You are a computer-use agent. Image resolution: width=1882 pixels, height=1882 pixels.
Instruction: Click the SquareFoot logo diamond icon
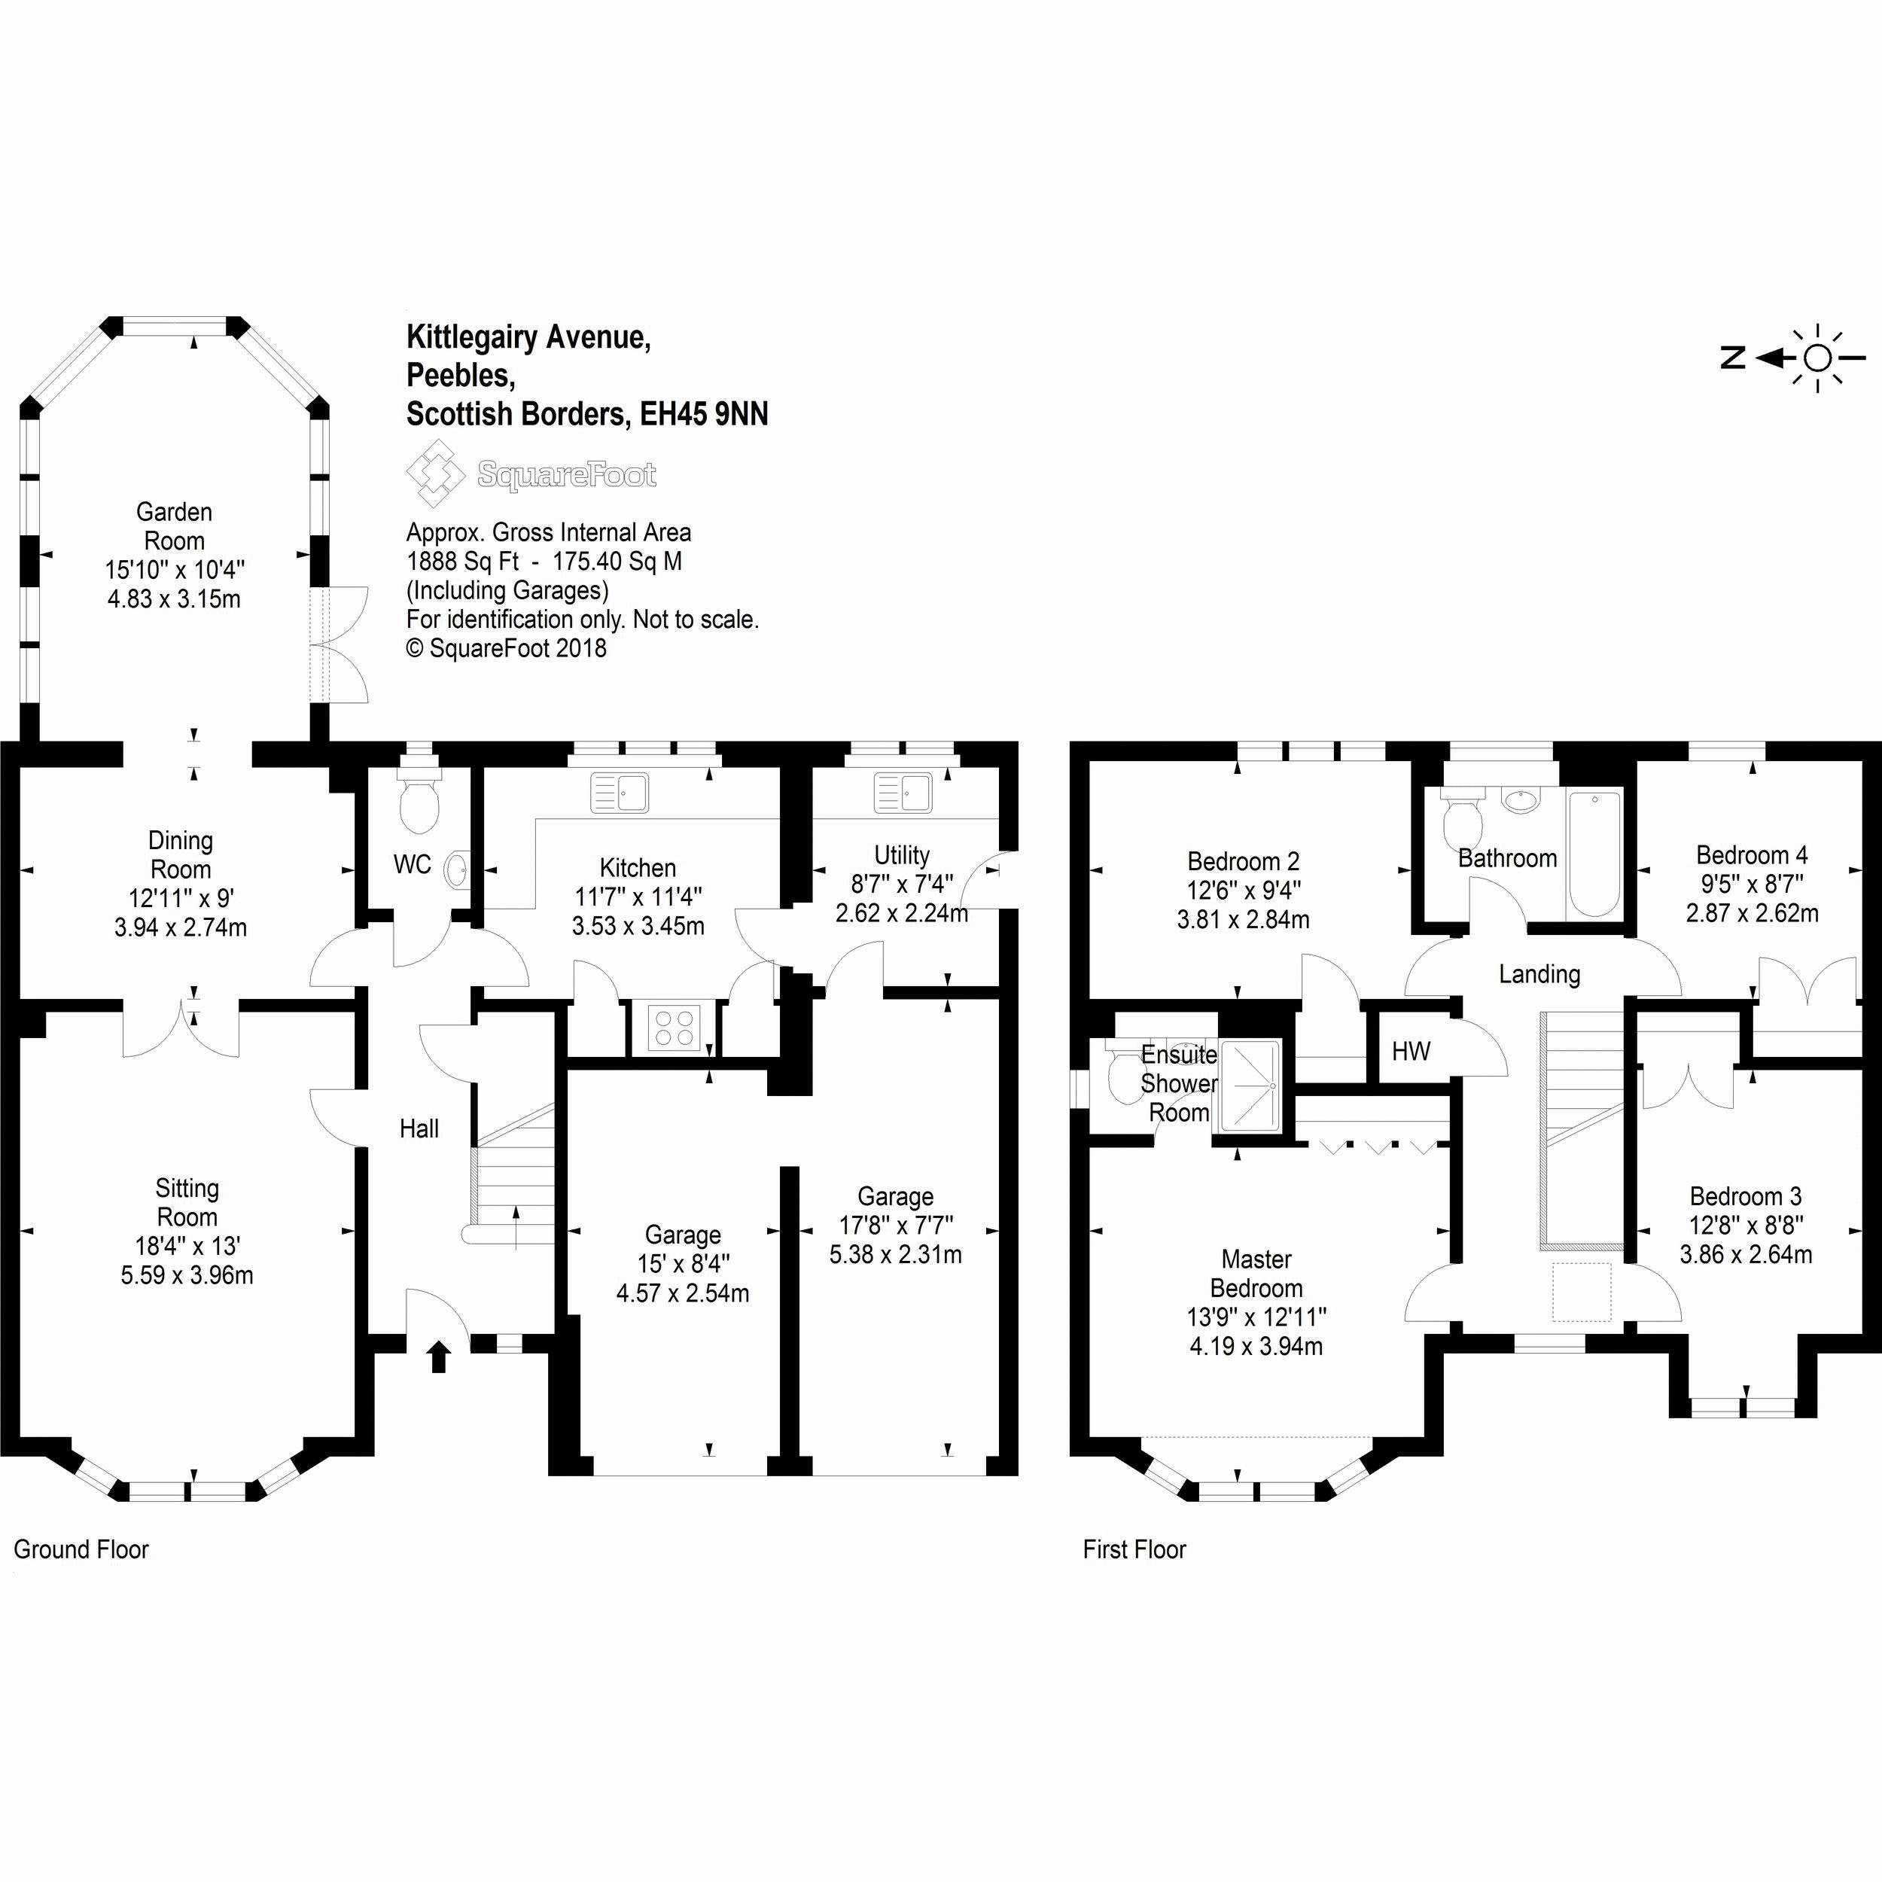pyautogui.click(x=435, y=474)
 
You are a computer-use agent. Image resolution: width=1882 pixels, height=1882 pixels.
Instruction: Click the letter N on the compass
pyautogui.click(x=1733, y=358)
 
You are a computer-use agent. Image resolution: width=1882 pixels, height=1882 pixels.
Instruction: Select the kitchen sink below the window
pyautogui.click(x=620, y=793)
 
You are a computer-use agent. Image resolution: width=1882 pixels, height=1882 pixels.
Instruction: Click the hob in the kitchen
pyautogui.click(x=674, y=1027)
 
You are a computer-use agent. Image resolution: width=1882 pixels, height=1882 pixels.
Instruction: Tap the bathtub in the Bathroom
pyautogui.click(x=1594, y=854)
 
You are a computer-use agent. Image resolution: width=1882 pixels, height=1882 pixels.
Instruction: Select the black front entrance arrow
pyautogui.click(x=438, y=1356)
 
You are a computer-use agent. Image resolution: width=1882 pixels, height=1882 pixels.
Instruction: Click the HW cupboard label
pyautogui.click(x=1411, y=1051)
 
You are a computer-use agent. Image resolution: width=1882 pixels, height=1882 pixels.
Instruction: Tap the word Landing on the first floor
pyautogui.click(x=1539, y=974)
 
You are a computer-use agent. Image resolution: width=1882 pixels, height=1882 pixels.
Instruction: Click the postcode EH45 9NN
pyautogui.click(x=703, y=415)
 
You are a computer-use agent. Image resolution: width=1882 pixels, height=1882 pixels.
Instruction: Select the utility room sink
pyautogui.click(x=902, y=792)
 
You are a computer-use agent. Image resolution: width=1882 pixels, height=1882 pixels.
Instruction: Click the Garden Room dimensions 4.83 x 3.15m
pyautogui.click(x=175, y=598)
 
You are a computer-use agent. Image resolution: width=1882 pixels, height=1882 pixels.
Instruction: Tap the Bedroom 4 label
pyautogui.click(x=1752, y=855)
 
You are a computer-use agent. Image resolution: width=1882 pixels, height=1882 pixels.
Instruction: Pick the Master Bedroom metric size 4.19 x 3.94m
pyautogui.click(x=1256, y=1346)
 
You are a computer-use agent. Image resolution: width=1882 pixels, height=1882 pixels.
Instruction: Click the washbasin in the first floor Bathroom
pyautogui.click(x=1521, y=801)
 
